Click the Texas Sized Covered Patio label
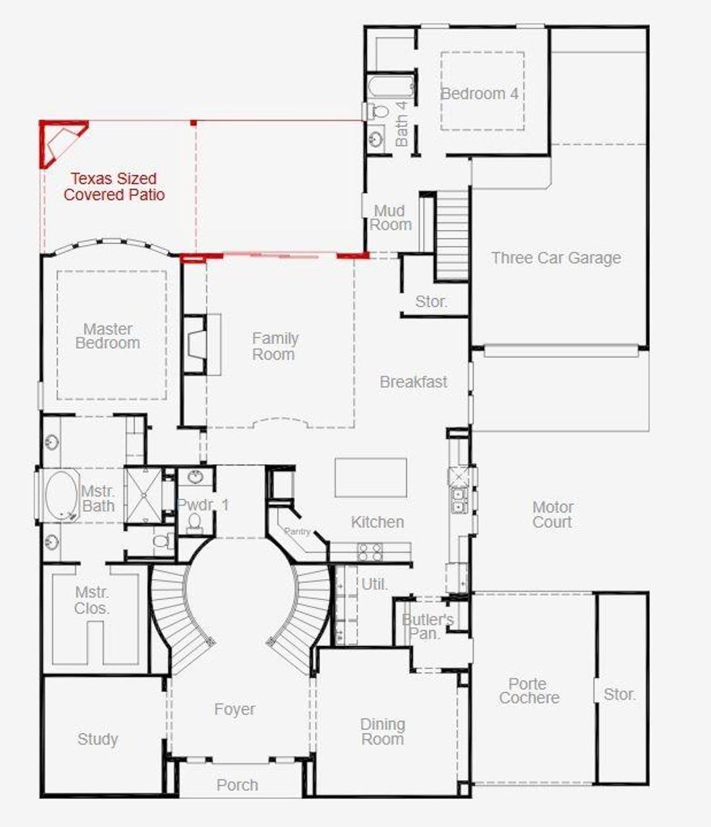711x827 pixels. [x=114, y=187]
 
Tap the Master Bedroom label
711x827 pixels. [x=107, y=336]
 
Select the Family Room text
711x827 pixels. [x=275, y=346]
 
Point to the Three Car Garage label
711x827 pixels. [x=556, y=258]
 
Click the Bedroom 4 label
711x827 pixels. [x=479, y=94]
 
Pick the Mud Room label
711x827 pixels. [x=390, y=218]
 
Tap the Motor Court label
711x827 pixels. [x=553, y=514]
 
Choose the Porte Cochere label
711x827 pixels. [x=528, y=691]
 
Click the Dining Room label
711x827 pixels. [x=383, y=732]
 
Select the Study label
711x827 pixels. [x=98, y=740]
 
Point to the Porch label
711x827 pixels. [x=238, y=785]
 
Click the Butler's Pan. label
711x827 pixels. [x=427, y=627]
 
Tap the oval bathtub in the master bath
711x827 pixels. [x=61, y=496]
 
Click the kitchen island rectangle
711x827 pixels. [x=371, y=477]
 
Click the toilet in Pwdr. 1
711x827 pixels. [x=195, y=522]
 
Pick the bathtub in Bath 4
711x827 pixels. [x=390, y=86]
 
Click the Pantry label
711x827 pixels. [x=297, y=531]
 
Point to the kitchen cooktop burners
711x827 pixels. [x=370, y=552]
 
